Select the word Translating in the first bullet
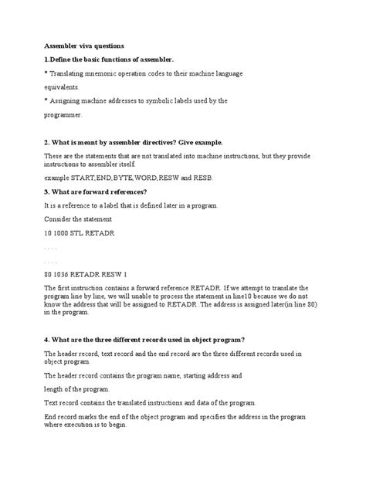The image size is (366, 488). pos(73,73)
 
